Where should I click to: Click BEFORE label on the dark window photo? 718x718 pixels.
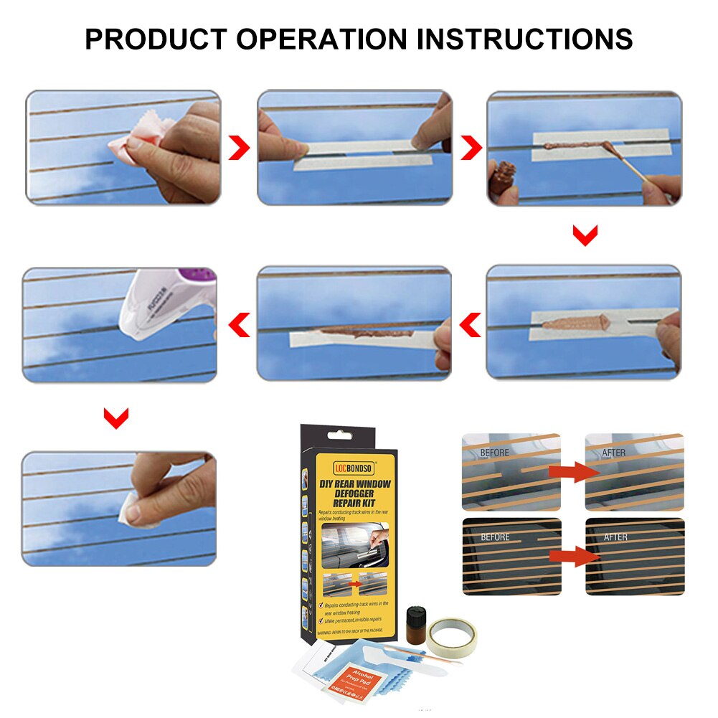(495, 537)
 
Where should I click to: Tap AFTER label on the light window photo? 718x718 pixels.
(614, 453)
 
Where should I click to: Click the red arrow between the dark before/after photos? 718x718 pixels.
(572, 555)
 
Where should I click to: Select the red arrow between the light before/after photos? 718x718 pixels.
(572, 471)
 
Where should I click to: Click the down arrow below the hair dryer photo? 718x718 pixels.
(116, 417)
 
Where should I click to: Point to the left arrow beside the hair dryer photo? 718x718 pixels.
(239, 325)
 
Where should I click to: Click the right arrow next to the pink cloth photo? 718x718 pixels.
(239, 148)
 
